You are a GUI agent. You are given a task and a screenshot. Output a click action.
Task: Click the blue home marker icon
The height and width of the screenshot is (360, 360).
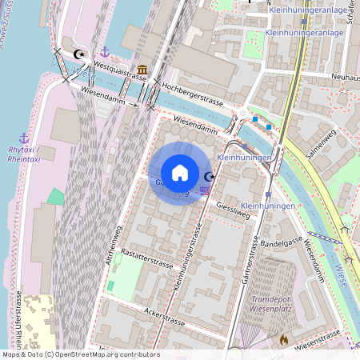click(180, 173)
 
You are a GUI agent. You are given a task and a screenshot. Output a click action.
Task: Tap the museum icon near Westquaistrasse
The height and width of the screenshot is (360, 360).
click(142, 69)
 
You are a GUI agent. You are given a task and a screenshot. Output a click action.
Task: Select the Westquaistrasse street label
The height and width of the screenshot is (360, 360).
click(120, 70)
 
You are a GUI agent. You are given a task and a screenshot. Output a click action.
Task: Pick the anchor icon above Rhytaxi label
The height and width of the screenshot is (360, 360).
click(24, 138)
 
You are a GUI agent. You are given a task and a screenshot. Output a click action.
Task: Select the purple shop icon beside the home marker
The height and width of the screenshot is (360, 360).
click(206, 190)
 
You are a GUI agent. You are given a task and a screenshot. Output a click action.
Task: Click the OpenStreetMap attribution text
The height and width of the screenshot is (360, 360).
click(80, 354)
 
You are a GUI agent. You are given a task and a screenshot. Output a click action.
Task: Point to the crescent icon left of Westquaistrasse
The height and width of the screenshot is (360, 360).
click(78, 54)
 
